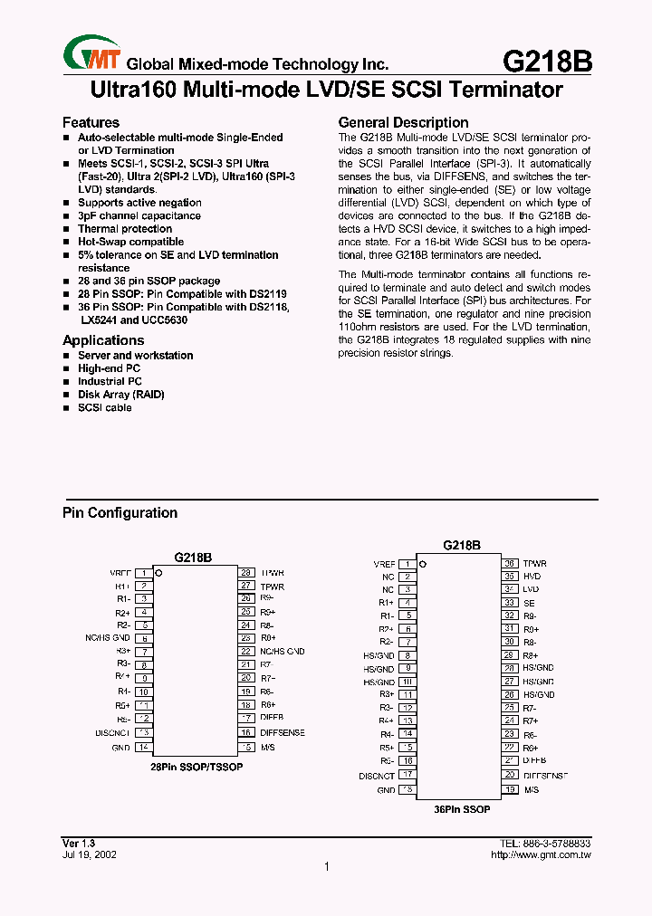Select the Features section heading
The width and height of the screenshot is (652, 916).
pos(91,122)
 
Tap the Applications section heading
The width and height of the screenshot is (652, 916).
pos(103,340)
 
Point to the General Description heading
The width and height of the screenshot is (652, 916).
pos(403,122)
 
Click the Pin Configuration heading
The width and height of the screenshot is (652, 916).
pos(120,513)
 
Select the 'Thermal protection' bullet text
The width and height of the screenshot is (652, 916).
pos(125,229)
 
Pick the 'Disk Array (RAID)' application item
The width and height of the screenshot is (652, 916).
pos(121,395)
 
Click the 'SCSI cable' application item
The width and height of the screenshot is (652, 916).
pos(105,407)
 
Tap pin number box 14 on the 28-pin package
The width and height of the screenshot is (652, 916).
pos(143,748)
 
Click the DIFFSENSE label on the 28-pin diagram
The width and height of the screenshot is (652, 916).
pos(283,732)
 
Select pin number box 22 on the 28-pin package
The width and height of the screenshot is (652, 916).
pos(245,651)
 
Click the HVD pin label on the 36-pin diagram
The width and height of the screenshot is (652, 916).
pos(532,576)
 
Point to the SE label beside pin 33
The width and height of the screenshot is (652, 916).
pos(529,602)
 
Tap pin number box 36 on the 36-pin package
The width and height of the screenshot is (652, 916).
pos(510,563)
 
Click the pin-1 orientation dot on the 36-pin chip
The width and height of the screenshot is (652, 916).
pos(423,564)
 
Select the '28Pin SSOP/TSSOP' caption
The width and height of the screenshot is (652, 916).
pos(197,767)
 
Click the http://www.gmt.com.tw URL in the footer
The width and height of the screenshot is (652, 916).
pos(540,854)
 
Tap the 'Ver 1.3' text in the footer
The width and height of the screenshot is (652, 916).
pos(78,843)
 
